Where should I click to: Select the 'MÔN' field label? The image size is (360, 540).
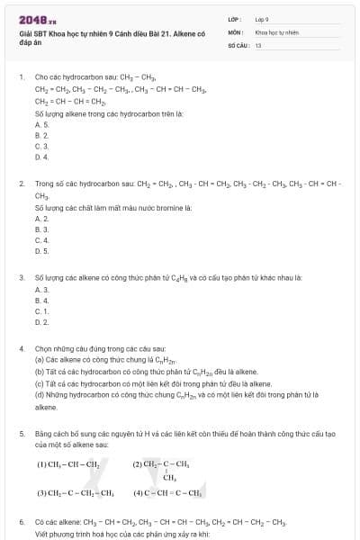(236, 31)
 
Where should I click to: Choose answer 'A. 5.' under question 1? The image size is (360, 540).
(41, 124)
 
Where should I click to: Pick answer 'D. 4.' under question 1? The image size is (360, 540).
(41, 157)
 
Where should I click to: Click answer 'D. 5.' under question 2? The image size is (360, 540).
(41, 251)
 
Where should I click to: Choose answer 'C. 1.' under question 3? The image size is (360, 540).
(41, 310)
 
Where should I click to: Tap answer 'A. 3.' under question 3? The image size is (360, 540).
(41, 289)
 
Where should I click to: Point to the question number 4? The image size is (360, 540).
(21, 347)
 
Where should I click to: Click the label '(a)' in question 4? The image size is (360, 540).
(40, 358)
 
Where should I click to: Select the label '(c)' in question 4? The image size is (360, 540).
(40, 383)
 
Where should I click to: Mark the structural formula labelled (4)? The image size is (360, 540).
(166, 493)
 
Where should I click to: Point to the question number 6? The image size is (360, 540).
(21, 521)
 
